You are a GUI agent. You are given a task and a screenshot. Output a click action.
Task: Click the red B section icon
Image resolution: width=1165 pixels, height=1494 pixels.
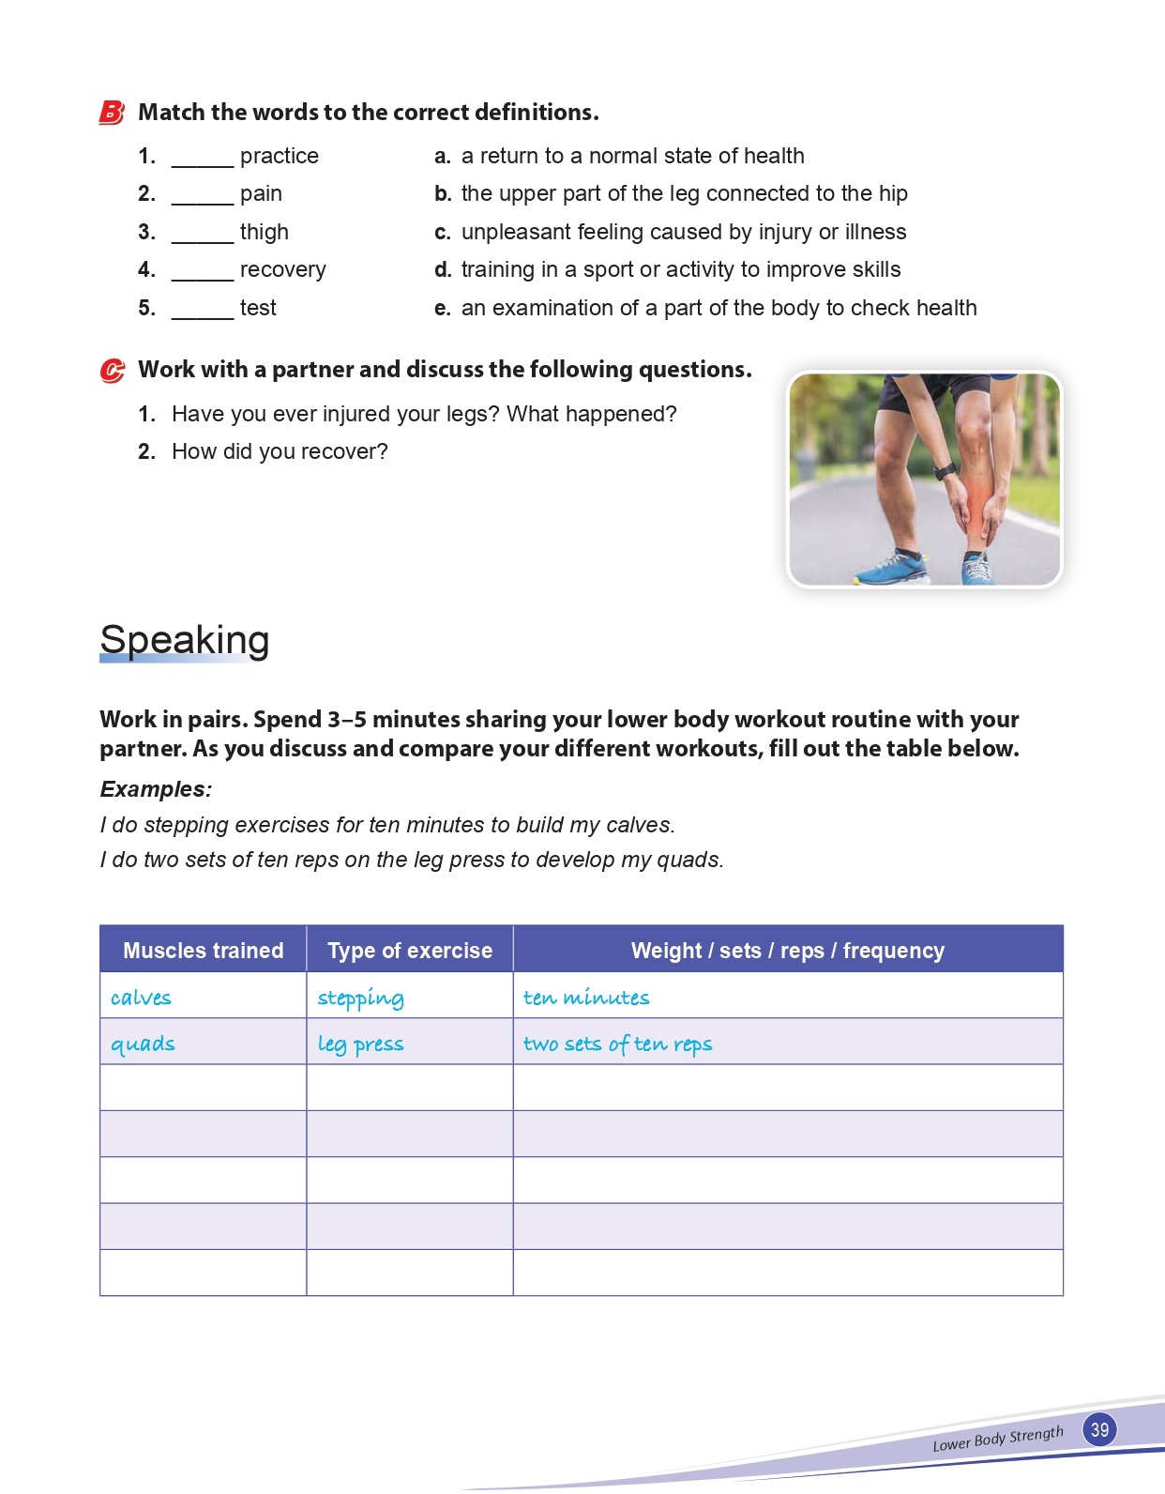pyautogui.click(x=112, y=113)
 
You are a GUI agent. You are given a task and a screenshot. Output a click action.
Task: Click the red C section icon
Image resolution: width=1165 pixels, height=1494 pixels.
pyautogui.click(x=112, y=371)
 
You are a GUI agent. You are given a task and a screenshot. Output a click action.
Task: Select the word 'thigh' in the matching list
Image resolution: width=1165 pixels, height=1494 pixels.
pyautogui.click(x=265, y=232)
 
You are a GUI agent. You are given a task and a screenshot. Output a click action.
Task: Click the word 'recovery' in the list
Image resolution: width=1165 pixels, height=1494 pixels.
pyautogui.click(x=282, y=270)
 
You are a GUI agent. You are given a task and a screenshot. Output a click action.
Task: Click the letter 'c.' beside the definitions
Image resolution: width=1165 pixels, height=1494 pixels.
pyautogui.click(x=443, y=233)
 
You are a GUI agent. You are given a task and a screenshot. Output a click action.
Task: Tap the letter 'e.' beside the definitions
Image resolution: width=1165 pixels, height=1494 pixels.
pyautogui.click(x=443, y=309)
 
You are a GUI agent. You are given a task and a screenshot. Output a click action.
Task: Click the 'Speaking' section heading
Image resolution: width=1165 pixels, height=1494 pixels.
pyautogui.click(x=185, y=640)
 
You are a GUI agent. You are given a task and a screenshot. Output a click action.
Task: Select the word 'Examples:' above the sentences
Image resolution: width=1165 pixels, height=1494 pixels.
pyautogui.click(x=156, y=789)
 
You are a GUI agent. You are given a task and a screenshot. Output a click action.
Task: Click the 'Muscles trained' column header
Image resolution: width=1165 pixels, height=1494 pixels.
pyautogui.click(x=204, y=951)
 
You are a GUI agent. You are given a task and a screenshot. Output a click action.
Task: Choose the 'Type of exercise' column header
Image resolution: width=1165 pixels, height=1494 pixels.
pyautogui.click(x=410, y=951)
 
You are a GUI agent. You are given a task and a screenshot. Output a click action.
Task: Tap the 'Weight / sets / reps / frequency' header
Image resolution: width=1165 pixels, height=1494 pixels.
pyautogui.click(x=788, y=951)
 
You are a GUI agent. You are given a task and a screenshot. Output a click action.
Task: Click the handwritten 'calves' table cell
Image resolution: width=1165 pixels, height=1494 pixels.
pyautogui.click(x=141, y=998)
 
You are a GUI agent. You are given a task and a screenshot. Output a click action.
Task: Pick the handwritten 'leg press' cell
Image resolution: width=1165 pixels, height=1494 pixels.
pyautogui.click(x=360, y=1044)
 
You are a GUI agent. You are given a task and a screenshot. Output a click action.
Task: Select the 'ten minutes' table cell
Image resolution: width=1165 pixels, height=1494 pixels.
pyautogui.click(x=586, y=998)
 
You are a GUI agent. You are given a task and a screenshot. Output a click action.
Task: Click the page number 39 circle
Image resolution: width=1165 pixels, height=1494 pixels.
pyautogui.click(x=1099, y=1429)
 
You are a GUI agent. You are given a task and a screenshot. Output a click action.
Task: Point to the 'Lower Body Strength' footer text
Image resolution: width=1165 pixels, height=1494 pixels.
pyautogui.click(x=998, y=1439)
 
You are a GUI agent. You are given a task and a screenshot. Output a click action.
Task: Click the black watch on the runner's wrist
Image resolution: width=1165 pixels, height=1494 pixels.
pyautogui.click(x=945, y=470)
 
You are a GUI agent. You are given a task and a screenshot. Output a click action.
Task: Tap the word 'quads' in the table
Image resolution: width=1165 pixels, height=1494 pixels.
pyautogui.click(x=143, y=1044)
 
